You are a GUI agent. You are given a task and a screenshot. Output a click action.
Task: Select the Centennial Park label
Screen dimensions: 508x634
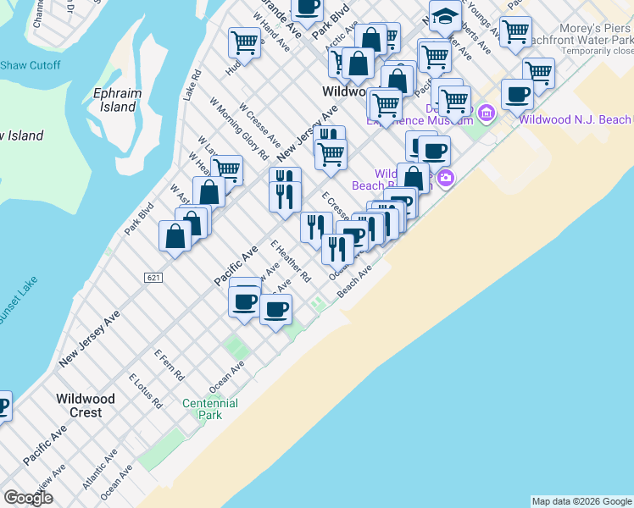(x=209, y=409)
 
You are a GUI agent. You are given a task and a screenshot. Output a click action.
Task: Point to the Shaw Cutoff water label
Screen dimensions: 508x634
(x=30, y=65)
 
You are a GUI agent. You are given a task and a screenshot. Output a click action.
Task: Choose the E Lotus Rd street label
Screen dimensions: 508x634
(x=144, y=390)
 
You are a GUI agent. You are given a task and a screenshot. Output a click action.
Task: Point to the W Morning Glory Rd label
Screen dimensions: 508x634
(x=240, y=130)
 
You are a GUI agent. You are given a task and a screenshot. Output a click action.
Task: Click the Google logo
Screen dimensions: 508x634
(x=28, y=498)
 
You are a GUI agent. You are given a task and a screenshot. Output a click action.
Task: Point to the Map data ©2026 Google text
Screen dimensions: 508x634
(x=581, y=501)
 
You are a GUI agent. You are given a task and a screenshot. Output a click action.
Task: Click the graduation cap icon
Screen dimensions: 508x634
(x=444, y=15)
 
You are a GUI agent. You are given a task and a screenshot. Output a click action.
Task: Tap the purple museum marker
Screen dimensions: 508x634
(x=487, y=112)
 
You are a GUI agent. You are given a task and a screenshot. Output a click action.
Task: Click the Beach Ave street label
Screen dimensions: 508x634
(x=355, y=283)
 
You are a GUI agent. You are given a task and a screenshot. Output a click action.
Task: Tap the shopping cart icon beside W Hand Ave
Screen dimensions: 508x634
(x=244, y=41)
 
